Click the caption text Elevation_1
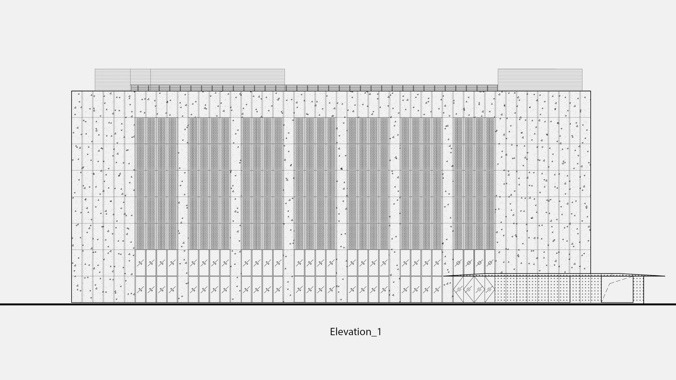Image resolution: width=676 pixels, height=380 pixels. (356, 332)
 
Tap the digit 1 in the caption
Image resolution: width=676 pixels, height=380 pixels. (379, 332)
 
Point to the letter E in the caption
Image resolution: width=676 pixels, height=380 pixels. (332, 332)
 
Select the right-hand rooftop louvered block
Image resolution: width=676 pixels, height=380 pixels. (540, 79)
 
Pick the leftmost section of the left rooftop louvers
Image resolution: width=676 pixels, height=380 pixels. (112, 79)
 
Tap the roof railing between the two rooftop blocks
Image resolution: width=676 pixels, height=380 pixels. (314, 88)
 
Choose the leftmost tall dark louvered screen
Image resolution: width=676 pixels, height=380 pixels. (156, 183)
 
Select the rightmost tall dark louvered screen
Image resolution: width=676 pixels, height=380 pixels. (474, 183)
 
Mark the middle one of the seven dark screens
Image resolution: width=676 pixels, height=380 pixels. (315, 183)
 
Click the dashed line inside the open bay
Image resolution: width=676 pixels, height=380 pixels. (616, 291)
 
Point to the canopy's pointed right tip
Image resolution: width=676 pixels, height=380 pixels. (665, 276)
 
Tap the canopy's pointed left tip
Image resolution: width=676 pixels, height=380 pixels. (443, 276)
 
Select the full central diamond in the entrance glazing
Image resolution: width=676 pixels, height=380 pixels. (474, 289)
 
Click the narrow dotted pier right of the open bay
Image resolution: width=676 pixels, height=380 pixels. (638, 289)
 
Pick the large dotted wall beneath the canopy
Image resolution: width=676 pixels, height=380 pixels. (548, 289)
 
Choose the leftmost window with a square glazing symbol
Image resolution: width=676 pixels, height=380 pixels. (459, 263)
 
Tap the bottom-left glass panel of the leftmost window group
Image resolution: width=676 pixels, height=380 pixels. (141, 289)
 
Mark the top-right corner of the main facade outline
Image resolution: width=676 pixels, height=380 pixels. (591, 91)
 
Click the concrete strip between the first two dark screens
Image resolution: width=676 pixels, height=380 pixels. (183, 183)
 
